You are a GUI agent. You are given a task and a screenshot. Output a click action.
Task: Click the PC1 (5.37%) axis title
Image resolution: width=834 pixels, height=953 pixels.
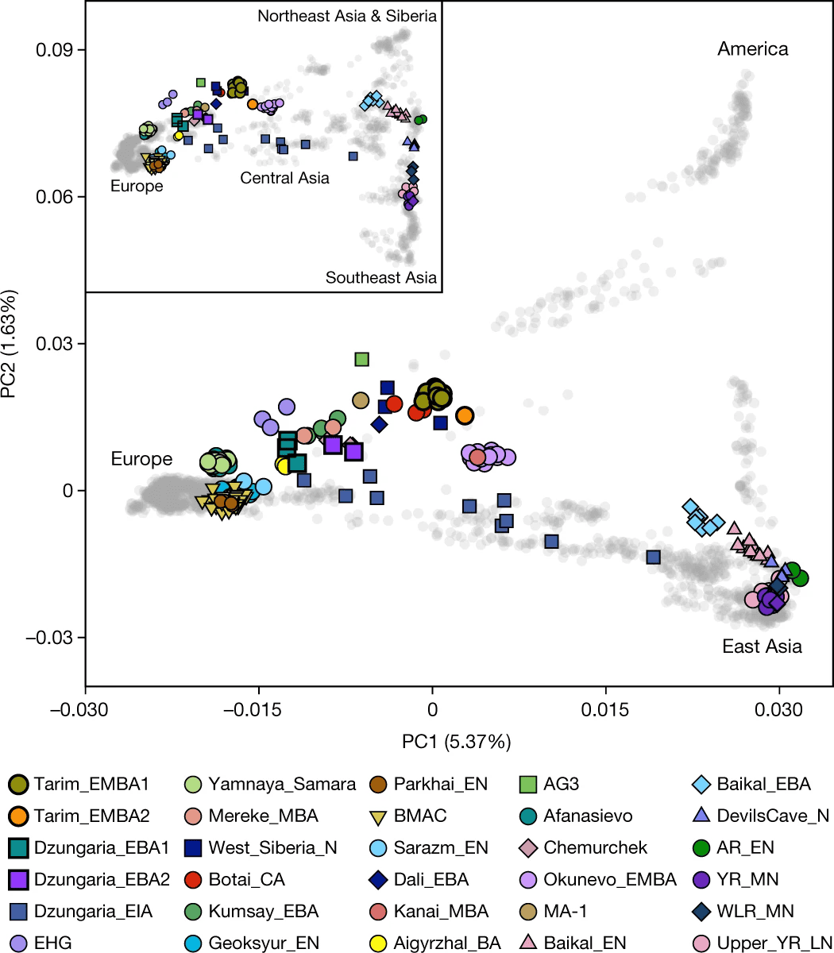pyautogui.click(x=456, y=743)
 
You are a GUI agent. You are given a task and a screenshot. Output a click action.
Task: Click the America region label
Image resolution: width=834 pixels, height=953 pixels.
pyautogui.click(x=752, y=49)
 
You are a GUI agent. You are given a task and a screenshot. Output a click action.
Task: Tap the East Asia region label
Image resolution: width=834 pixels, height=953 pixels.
pyautogui.click(x=762, y=646)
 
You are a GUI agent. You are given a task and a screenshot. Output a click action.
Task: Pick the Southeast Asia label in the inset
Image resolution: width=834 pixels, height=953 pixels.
pyautogui.click(x=380, y=278)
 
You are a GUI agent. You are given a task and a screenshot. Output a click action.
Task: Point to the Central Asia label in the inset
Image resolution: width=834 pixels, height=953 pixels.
pyautogui.click(x=284, y=178)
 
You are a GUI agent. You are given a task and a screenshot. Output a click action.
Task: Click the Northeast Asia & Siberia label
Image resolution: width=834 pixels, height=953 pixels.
pyautogui.click(x=347, y=16)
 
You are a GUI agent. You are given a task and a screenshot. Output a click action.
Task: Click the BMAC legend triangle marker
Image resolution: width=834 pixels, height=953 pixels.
pyautogui.click(x=383, y=816)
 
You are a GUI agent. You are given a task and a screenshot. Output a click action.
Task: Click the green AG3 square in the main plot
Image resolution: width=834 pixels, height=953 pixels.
pyautogui.click(x=362, y=360)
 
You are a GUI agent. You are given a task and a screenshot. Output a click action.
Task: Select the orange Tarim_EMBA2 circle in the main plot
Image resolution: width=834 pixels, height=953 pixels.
pyautogui.click(x=465, y=415)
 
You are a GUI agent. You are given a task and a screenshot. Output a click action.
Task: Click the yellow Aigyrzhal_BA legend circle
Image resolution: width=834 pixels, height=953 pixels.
pyautogui.click(x=383, y=943)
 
